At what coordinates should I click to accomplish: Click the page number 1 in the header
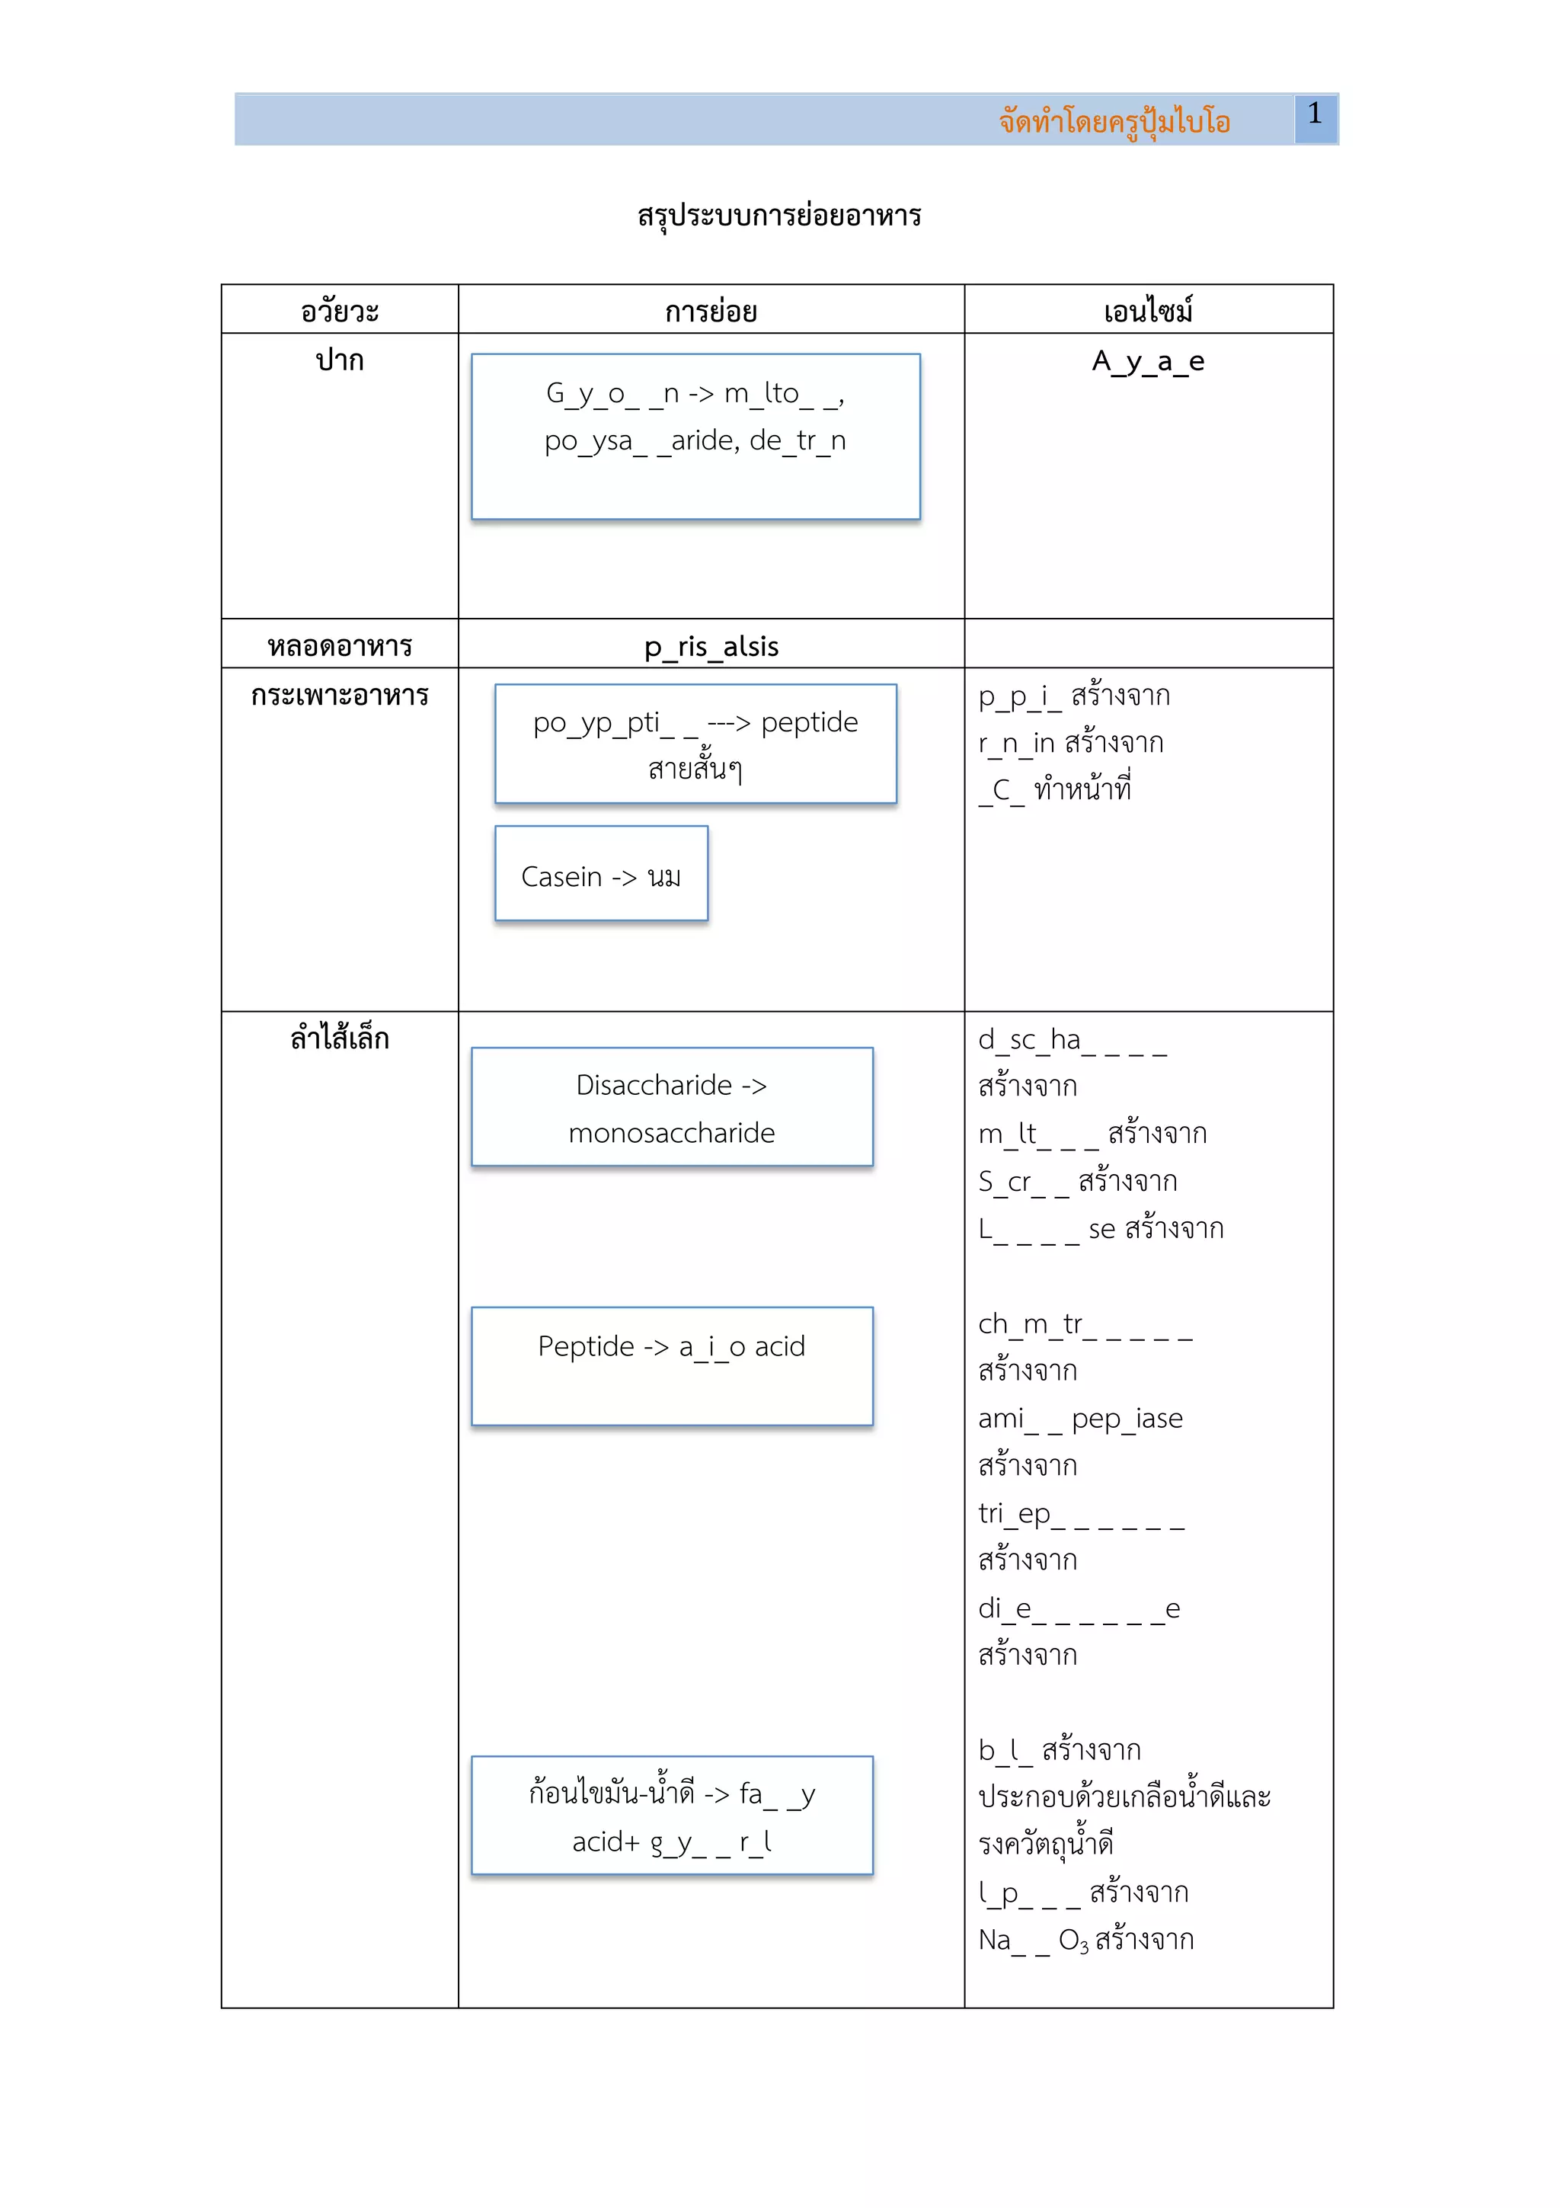[x=1314, y=114]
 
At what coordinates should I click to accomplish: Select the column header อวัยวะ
[x=339, y=312]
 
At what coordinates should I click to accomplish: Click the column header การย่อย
[x=711, y=312]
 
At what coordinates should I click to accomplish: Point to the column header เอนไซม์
[x=1148, y=312]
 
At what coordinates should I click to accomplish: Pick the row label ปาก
[x=339, y=360]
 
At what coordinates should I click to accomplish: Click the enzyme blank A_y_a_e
[x=1148, y=362]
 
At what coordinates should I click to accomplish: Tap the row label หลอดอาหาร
[x=339, y=646]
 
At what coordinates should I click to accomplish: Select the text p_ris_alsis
[x=711, y=647]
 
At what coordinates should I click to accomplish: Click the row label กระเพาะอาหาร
[x=339, y=696]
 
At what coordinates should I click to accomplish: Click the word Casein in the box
[x=561, y=877]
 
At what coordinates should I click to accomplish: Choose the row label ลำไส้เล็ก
[x=339, y=1038]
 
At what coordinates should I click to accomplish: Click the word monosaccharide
[x=671, y=1133]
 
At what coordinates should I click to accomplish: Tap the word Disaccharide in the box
[x=654, y=1086]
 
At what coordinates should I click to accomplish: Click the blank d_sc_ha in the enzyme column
[x=1028, y=1039]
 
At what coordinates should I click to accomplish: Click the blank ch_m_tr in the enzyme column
[x=1031, y=1324]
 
